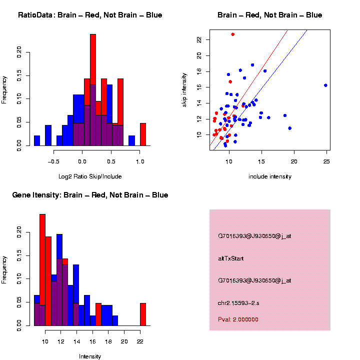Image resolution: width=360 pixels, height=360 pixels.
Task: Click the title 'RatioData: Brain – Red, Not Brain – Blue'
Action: pos(90,15)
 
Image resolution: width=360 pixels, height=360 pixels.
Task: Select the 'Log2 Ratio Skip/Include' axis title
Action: pos(90,176)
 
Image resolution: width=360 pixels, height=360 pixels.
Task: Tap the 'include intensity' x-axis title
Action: pos(270,176)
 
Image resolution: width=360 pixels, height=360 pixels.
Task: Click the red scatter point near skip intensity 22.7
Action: pos(233,34)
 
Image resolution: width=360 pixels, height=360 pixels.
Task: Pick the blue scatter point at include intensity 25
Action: pos(325,85)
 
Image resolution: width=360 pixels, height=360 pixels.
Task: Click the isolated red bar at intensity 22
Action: pos(143,314)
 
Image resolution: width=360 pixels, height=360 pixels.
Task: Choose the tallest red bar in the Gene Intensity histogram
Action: pos(42,270)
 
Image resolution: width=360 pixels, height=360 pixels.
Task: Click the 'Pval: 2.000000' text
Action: pos(238,319)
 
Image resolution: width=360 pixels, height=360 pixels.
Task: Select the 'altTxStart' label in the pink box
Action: pos(231,258)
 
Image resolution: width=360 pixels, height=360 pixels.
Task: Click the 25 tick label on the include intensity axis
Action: pos(326,161)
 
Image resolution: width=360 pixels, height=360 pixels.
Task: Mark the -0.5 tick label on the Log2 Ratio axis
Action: pos(52,161)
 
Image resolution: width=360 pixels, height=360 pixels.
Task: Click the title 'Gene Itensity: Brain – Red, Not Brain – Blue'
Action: pos(90,195)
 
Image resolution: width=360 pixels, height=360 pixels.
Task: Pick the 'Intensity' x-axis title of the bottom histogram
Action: pos(90,356)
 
